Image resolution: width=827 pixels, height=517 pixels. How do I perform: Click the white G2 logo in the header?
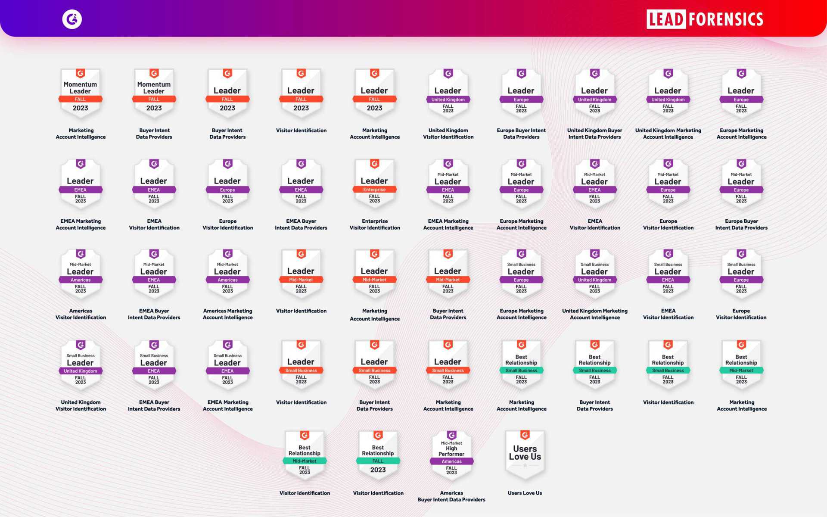[x=72, y=19]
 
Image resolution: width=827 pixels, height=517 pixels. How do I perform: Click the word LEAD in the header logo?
[x=666, y=19]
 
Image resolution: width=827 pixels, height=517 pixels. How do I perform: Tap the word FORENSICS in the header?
[x=726, y=19]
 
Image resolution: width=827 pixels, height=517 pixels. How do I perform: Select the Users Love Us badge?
[x=525, y=455]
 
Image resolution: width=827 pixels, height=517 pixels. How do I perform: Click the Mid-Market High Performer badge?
[x=451, y=455]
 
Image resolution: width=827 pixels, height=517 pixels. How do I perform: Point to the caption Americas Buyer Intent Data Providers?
[x=451, y=496]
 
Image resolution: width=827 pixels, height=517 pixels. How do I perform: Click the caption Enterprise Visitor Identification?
[x=375, y=224]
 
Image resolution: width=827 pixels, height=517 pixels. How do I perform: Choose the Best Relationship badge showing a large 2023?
[x=378, y=455]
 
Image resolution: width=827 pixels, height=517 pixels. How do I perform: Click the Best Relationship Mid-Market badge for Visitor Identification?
[x=305, y=455]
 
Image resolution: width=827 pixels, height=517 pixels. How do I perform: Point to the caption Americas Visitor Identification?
[x=81, y=314]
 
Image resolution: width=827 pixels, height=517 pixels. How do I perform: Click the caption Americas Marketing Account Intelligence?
[x=227, y=314]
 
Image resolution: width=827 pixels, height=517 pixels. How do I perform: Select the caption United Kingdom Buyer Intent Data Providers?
[x=594, y=134]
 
